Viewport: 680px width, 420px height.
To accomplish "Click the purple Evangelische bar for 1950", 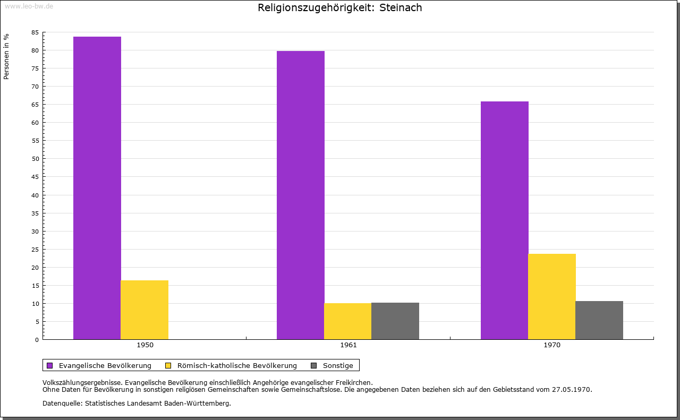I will point(97,188).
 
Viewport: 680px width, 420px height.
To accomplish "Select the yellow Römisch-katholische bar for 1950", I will point(144,310).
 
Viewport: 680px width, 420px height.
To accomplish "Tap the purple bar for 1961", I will point(301,195).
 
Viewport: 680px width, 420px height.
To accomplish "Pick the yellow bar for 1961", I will point(348,321).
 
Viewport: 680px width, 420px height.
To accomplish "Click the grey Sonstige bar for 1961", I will point(395,321).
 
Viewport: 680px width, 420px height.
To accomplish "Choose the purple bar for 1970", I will point(505,220).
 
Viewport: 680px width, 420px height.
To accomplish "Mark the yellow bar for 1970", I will point(552,296).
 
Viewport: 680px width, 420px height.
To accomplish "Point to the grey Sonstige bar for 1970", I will point(599,320).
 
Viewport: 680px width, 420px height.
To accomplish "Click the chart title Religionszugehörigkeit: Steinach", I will point(340,7).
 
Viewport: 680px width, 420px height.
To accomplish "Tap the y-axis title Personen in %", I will point(6,56).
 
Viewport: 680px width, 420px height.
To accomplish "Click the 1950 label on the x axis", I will point(145,345).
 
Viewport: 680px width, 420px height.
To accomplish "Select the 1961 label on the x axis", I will point(348,345).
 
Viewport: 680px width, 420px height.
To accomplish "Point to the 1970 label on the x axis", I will point(552,345).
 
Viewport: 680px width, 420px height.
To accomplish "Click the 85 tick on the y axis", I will point(35,32).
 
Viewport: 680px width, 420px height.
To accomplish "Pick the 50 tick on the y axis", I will point(35,159).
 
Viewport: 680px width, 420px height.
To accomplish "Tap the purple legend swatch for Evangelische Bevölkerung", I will point(50,365).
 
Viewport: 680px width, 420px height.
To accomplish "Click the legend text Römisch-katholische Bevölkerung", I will point(237,365).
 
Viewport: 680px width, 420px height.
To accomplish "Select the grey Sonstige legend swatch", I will point(314,365).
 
